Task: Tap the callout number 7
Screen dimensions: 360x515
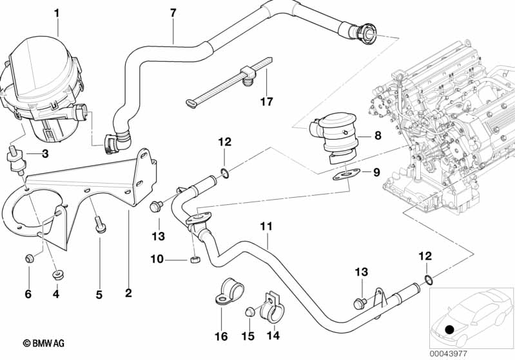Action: coord(172,13)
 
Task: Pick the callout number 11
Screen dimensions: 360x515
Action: coord(267,227)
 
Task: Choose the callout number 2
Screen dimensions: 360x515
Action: coord(128,294)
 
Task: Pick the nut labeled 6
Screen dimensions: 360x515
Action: coord(28,259)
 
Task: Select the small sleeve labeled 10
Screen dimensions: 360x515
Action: coord(194,260)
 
